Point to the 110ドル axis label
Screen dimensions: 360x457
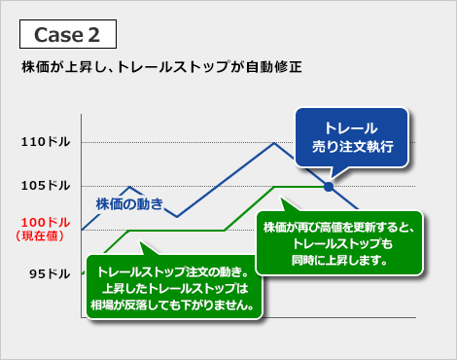point(45,143)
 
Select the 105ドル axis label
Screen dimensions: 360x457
point(45,186)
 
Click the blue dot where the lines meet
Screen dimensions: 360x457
point(329,186)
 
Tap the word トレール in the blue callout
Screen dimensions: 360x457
point(351,127)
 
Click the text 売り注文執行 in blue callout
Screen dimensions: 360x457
point(351,146)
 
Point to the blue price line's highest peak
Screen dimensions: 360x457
point(276,143)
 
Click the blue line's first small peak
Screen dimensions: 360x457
point(130,187)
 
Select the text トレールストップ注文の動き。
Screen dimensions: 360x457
point(172,272)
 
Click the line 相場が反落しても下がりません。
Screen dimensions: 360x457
point(172,306)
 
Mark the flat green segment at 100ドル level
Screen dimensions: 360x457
point(175,231)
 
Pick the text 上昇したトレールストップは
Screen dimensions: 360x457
point(172,289)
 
